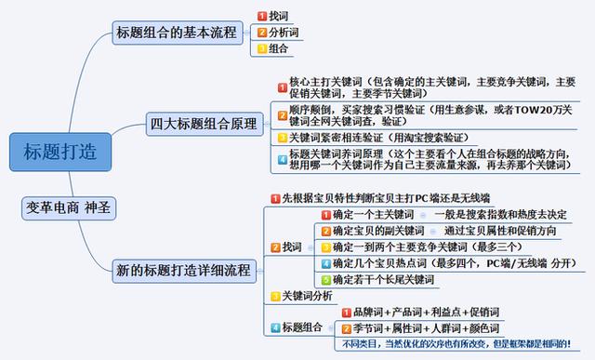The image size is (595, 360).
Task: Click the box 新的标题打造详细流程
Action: (183, 272)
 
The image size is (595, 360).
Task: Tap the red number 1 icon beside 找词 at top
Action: (261, 17)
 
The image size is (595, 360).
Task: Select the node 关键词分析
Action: (307, 296)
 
